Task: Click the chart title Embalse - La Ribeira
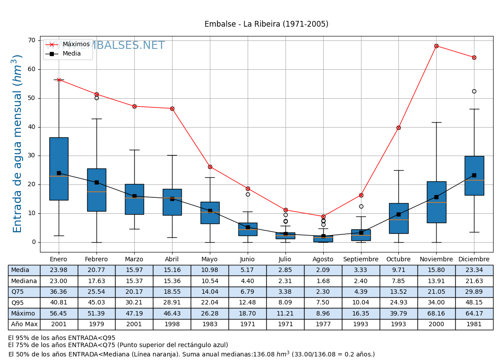coord(266,24)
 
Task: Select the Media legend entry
coord(71,54)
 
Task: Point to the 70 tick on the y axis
coord(32,40)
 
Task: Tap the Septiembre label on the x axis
coord(361,260)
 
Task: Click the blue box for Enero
coord(59,169)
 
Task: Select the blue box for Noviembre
coord(436,202)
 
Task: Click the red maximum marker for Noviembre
coord(436,46)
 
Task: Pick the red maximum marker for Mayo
coord(210,167)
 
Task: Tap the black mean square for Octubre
coord(398,214)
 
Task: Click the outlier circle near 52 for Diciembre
coord(474,92)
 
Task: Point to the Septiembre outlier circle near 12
coord(361,206)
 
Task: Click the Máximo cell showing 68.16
coord(436,314)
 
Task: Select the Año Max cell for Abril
coord(172,324)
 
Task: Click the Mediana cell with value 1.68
coord(323,281)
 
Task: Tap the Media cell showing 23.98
coord(59,270)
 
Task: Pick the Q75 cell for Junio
coord(247,292)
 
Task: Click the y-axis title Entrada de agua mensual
coord(18,144)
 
